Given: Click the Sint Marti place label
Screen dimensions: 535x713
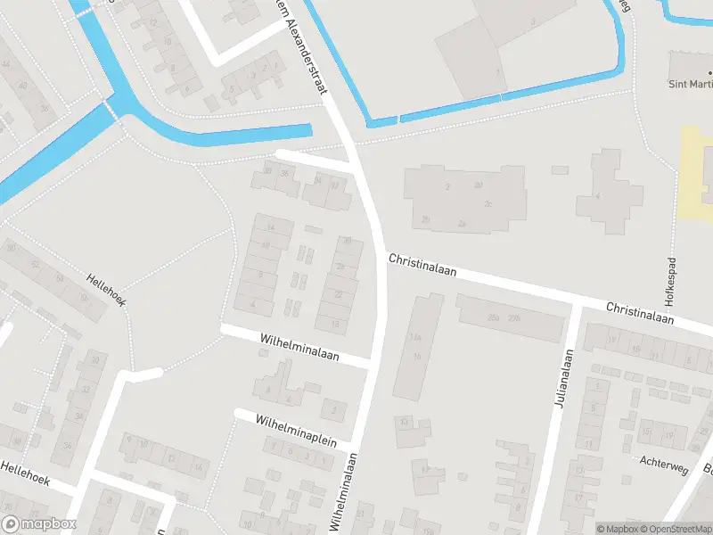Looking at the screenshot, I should pyautogui.click(x=691, y=85).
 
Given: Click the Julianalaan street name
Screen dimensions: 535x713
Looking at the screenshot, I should pyautogui.click(x=562, y=382).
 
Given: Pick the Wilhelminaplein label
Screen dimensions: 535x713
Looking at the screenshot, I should pyautogui.click(x=295, y=430).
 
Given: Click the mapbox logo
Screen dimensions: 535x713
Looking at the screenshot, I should pyautogui.click(x=38, y=524).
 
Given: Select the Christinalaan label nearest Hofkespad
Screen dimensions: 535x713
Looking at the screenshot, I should pyautogui.click(x=639, y=313).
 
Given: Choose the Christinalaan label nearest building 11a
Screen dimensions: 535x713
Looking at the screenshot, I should pyautogui.click(x=422, y=267).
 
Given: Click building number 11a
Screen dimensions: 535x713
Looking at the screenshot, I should pyautogui.click(x=414, y=338).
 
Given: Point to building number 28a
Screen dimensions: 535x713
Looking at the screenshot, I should pyautogui.click(x=493, y=317).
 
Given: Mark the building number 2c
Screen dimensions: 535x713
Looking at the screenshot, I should pyautogui.click(x=488, y=203).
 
